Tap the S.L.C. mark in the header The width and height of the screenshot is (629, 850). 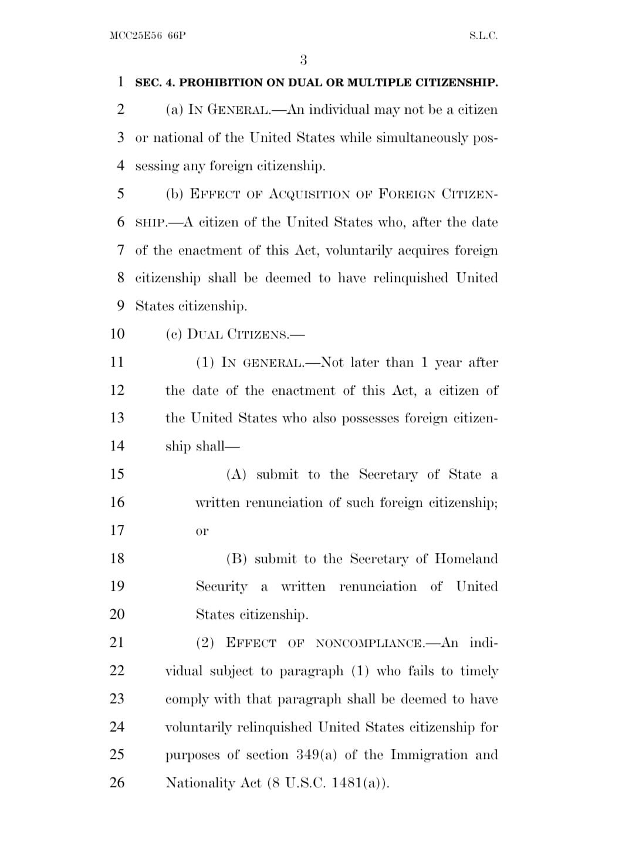[483, 36]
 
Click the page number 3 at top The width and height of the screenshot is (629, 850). [303, 60]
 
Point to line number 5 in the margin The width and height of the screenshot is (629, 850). [120, 194]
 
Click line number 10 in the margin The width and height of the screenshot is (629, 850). [117, 334]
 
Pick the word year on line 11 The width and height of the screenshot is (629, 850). [448, 363]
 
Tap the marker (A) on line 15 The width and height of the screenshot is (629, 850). [236, 475]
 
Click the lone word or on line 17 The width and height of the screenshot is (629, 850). [202, 531]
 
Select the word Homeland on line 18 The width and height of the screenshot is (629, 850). [466, 558]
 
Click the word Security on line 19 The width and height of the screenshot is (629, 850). [222, 587]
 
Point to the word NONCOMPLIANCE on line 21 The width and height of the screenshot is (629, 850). [370, 644]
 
